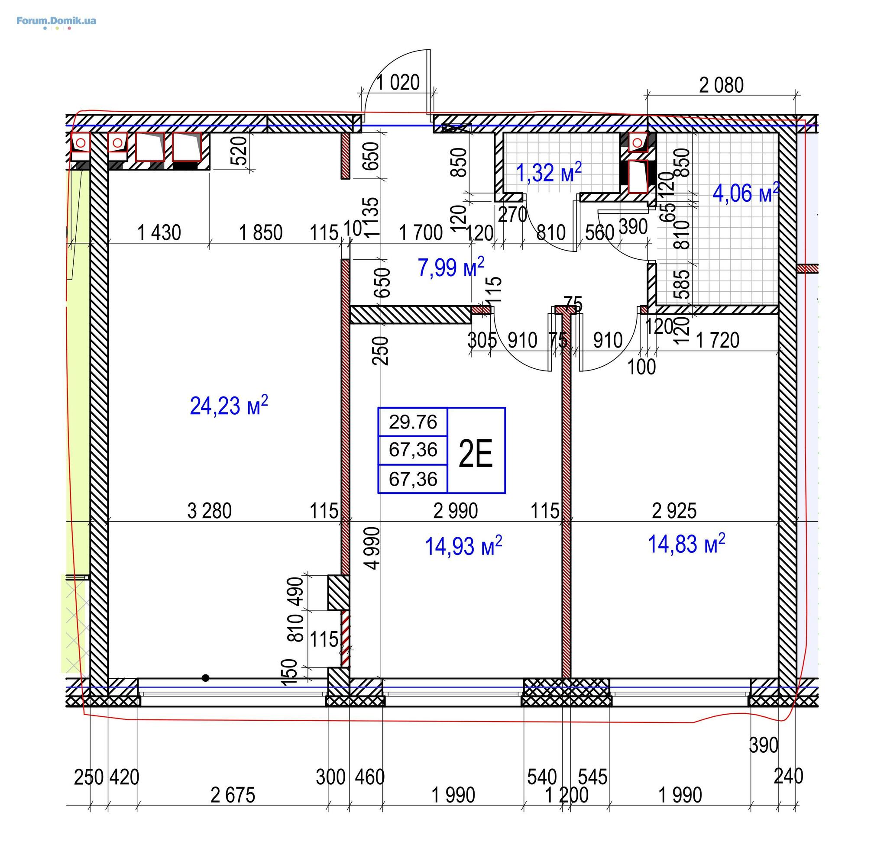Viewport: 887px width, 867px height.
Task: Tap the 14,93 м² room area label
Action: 463,545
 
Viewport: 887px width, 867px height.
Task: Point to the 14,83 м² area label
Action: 686,543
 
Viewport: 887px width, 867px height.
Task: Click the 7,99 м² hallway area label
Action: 450,266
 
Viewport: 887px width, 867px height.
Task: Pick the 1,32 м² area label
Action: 548,172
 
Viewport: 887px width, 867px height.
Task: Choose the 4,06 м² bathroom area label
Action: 746,193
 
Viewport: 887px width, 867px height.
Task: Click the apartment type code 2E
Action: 476,454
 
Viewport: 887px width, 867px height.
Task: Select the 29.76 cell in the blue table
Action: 413,422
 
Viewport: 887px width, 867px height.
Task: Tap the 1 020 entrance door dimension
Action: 398,82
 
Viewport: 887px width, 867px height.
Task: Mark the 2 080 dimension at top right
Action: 721,85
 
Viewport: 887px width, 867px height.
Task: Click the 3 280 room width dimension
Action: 210,511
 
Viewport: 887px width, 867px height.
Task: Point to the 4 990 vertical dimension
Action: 374,548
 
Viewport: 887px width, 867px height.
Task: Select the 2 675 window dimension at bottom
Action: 233,796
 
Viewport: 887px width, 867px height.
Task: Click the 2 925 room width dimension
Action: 674,511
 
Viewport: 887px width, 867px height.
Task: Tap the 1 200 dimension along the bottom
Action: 567,796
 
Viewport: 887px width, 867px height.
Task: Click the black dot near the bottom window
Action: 205,678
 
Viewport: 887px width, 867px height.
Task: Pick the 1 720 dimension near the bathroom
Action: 718,340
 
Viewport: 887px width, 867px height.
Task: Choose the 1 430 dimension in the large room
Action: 159,232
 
